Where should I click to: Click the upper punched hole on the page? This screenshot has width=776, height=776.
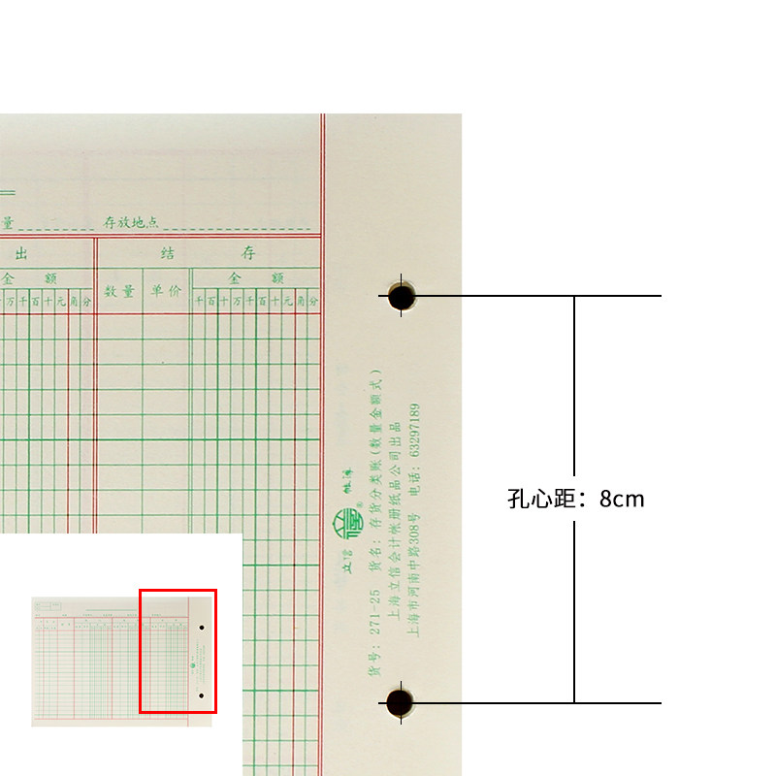pos(402,296)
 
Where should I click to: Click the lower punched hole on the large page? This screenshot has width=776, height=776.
pos(400,702)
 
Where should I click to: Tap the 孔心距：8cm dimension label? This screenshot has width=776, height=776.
pos(575,500)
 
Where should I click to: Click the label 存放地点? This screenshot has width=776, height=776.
pos(131,223)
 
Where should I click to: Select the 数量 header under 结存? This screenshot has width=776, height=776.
pos(119,290)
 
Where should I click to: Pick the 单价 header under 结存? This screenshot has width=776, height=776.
pos(165,290)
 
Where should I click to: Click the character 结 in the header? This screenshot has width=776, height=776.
pos(168,253)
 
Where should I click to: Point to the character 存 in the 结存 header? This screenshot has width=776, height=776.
pos(249,253)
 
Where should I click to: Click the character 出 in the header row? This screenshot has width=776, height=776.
pos(21,253)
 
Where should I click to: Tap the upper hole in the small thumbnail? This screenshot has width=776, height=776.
pos(201,628)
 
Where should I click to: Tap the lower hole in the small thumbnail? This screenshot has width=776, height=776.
pos(201,695)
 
